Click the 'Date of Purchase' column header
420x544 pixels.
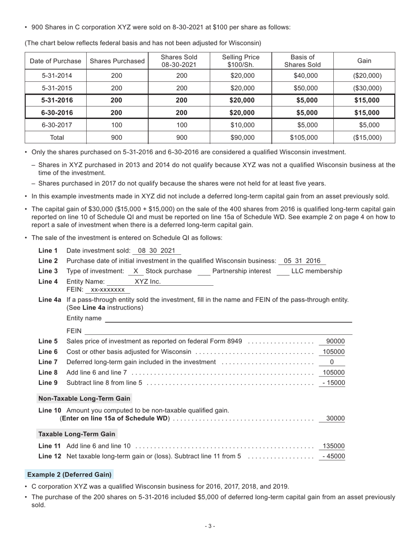tap(55, 61)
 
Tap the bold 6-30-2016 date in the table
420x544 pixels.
tap(57, 112)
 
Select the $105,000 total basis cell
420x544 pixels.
tap(304, 138)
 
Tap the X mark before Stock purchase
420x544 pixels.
tap(136, 271)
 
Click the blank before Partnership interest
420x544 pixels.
tap(204, 272)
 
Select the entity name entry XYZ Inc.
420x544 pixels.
tap(148, 282)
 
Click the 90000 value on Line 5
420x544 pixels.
tap(335, 341)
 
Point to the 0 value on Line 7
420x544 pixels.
tap(332, 362)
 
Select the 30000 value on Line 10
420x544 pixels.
tap(335, 418)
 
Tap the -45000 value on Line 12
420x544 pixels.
tap(333, 456)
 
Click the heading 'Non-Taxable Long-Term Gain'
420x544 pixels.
tap(84, 398)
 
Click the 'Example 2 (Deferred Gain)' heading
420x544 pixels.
tap(69, 475)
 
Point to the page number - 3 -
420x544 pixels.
tap(210, 526)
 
